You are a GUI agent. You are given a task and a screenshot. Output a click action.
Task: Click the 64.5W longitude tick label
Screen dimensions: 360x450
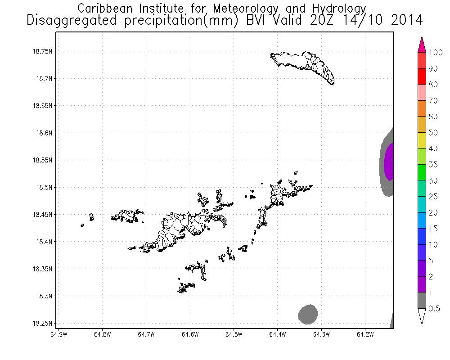(x=234, y=334)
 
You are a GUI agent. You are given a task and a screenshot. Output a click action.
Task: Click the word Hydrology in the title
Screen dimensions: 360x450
(x=336, y=8)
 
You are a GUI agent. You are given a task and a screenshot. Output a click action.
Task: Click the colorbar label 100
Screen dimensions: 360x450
(x=436, y=53)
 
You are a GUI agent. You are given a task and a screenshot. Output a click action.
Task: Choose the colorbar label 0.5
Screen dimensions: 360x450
(x=434, y=308)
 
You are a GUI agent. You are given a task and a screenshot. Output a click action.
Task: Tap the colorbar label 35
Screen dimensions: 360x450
(x=433, y=165)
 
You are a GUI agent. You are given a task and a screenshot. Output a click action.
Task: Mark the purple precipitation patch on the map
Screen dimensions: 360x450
(x=389, y=161)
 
